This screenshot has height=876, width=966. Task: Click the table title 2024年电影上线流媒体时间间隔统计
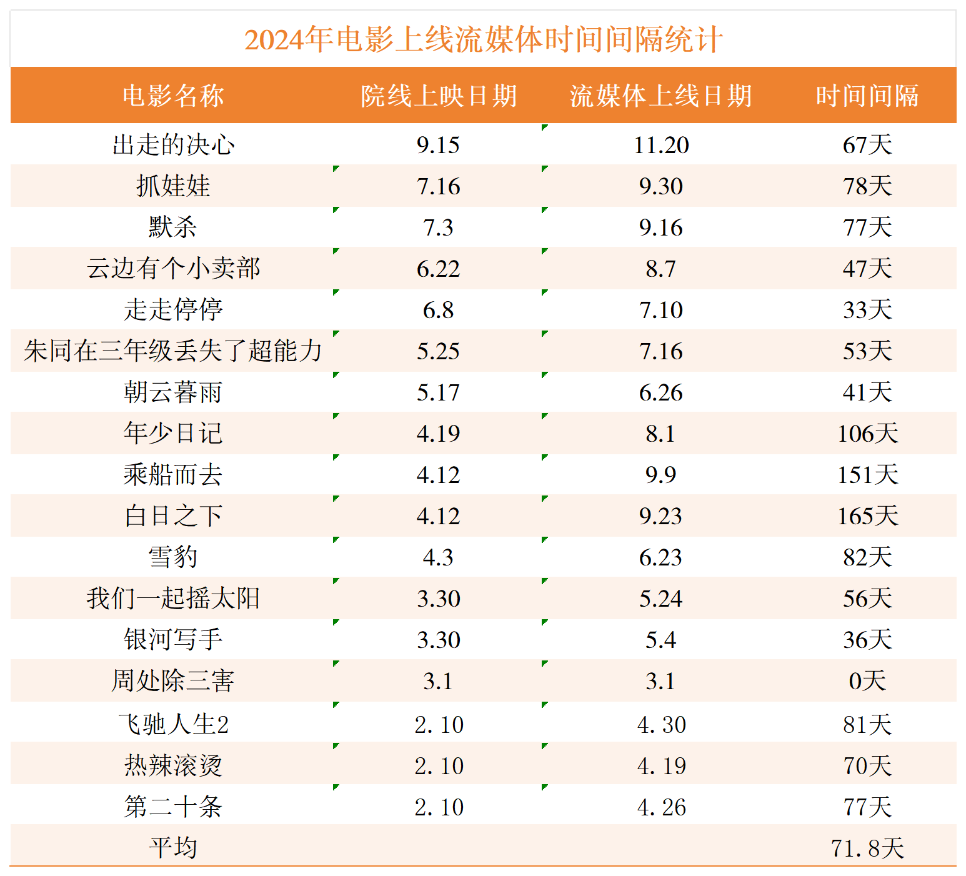483,39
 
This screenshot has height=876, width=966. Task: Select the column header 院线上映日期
439,96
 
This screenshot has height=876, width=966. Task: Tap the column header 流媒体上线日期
660,96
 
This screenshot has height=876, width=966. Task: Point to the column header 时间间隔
867,96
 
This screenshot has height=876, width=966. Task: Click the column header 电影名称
173,96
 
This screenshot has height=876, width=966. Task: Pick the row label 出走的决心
173,145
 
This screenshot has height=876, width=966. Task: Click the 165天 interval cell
867,516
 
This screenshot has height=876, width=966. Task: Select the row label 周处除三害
173,681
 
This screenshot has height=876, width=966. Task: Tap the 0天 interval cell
867,681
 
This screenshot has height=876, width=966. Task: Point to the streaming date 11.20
661,145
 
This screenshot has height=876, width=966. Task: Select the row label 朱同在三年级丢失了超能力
173,351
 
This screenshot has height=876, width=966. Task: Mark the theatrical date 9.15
439,145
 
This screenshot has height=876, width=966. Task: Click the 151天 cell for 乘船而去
867,475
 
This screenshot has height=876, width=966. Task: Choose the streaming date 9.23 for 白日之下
661,516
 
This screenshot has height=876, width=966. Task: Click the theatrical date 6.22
439,269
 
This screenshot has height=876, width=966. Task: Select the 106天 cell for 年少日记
867,434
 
